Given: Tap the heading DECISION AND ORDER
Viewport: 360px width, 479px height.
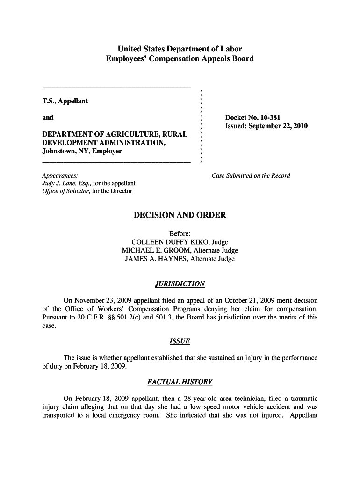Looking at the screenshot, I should (180, 215).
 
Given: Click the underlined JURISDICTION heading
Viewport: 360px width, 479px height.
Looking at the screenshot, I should (180, 284).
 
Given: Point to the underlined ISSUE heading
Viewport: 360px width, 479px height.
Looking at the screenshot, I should (180, 341).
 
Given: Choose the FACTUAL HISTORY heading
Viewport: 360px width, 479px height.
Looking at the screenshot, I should (180, 382).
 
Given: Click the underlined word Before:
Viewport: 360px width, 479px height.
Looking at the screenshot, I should (180, 234).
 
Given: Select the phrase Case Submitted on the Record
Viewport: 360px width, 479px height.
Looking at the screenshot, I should (251, 176).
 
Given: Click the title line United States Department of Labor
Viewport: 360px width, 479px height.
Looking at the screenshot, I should (180, 49).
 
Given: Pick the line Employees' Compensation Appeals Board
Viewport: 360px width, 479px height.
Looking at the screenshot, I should (180, 58).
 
